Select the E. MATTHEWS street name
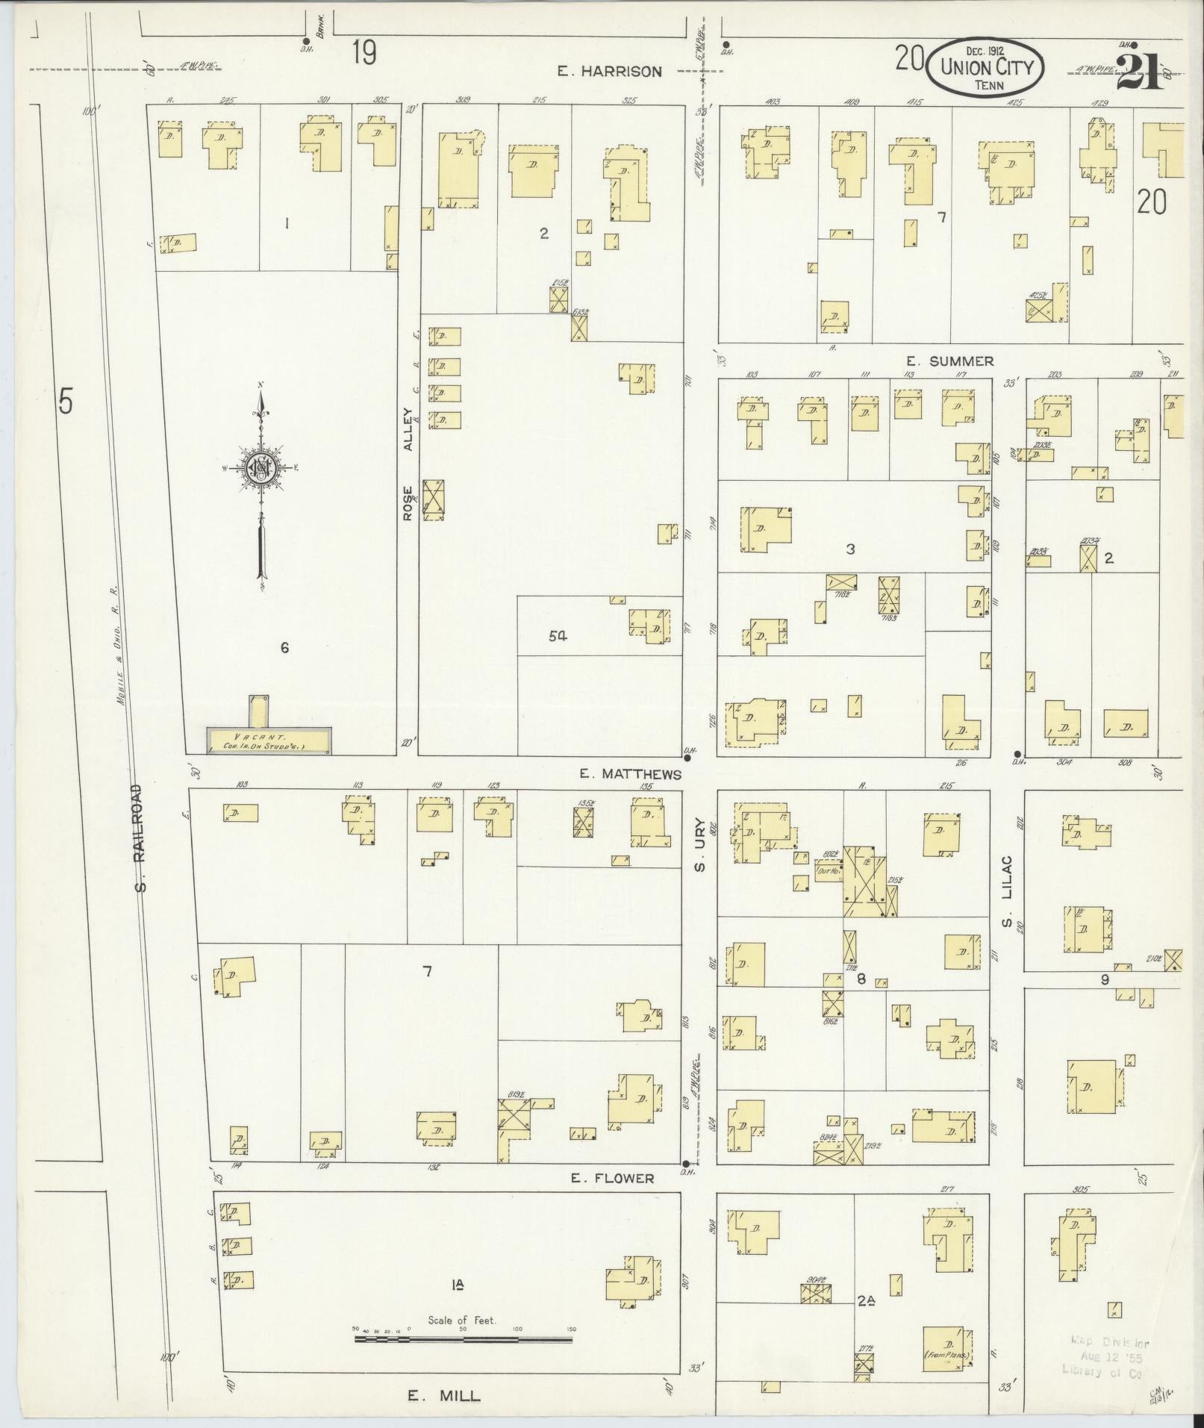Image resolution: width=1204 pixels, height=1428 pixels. pyautogui.click(x=631, y=774)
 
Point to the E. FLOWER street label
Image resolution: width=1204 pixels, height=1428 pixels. pyautogui.click(x=612, y=1178)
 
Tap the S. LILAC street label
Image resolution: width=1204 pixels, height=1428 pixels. pyautogui.click(x=1006, y=892)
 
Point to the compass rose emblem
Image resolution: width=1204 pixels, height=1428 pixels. pyautogui.click(x=262, y=468)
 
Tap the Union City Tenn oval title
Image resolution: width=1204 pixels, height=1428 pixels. pyautogui.click(x=985, y=67)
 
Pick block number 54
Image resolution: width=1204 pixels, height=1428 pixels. pyautogui.click(x=558, y=636)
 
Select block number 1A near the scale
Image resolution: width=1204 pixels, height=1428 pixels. pyautogui.click(x=458, y=1285)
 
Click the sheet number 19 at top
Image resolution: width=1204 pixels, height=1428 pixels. pyautogui.click(x=364, y=54)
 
